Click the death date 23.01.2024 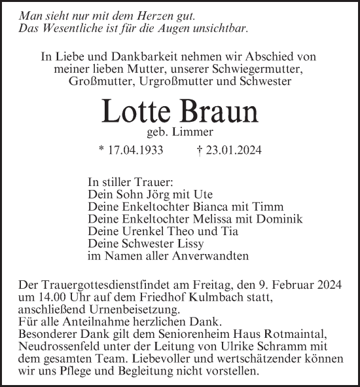pos(234,150)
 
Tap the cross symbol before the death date pos(199,149)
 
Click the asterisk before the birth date pos(101,149)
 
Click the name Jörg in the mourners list pos(148,194)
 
